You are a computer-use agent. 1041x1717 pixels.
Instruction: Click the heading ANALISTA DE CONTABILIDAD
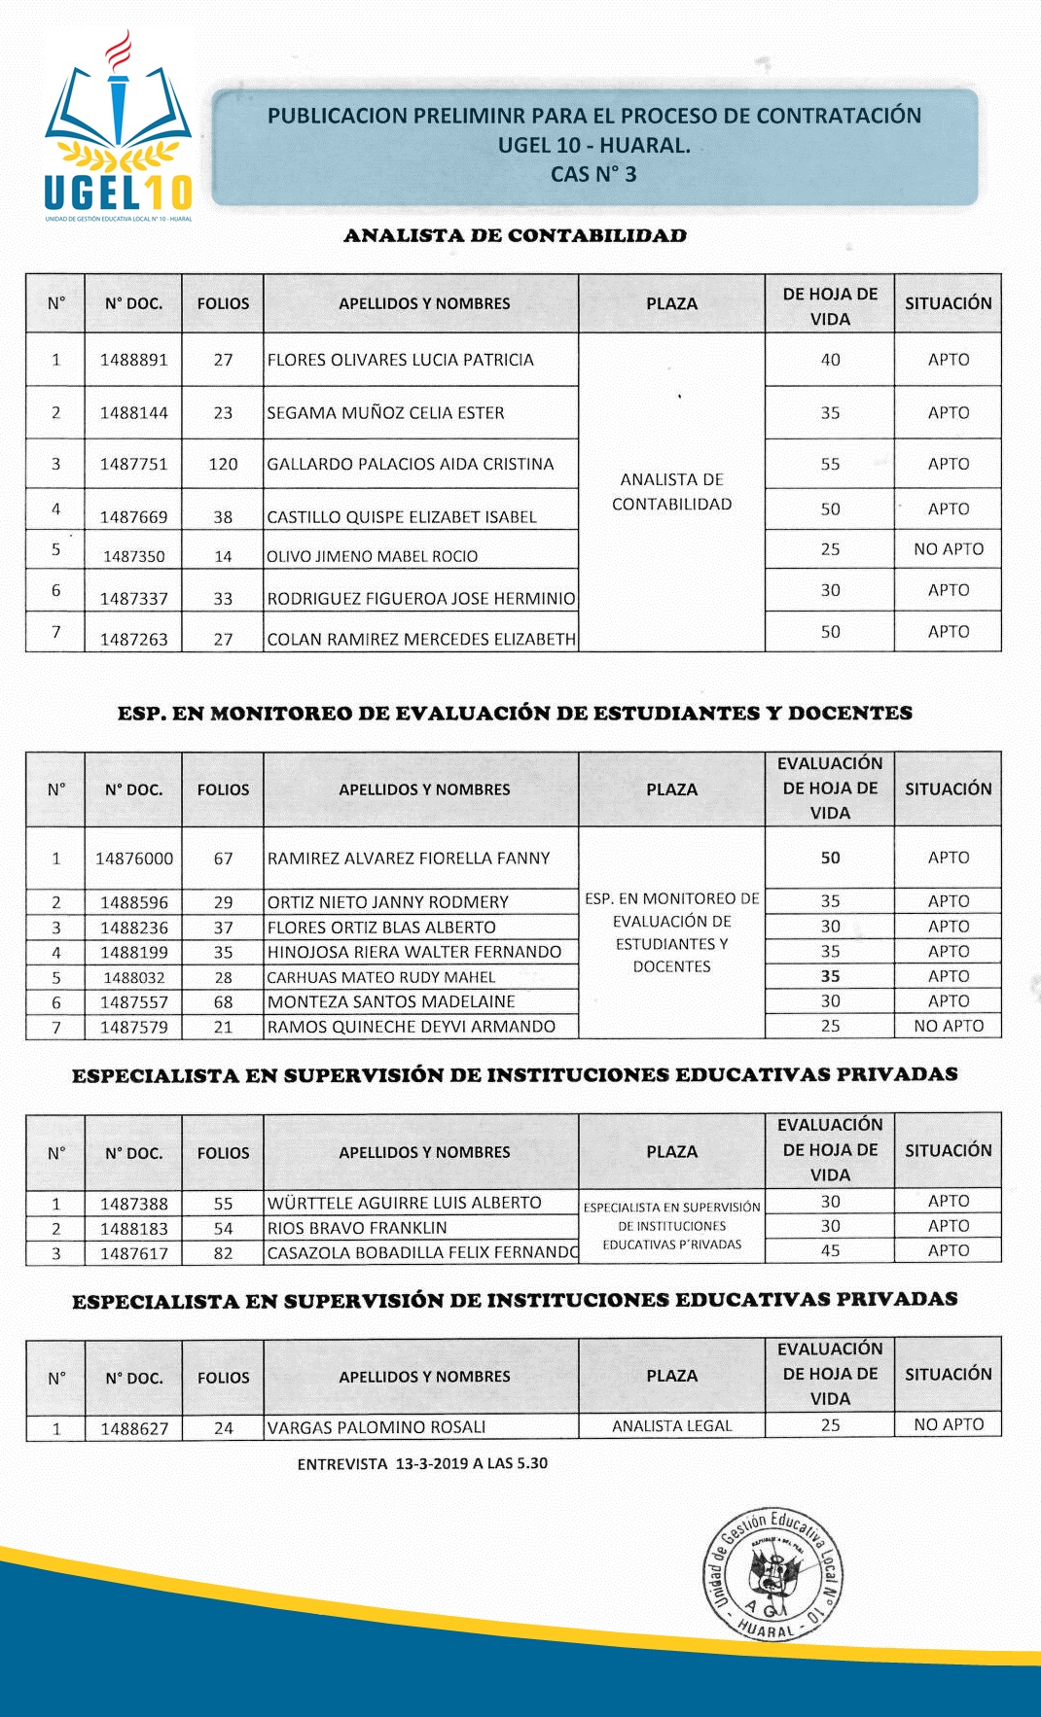(515, 235)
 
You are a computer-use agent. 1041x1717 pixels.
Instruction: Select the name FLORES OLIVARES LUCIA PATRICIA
(400, 360)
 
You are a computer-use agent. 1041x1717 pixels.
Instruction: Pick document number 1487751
(133, 465)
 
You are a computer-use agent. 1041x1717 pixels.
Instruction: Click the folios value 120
(223, 465)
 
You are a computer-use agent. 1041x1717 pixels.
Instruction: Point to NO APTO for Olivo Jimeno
(948, 549)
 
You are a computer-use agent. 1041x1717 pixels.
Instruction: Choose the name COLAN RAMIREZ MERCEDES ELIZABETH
(421, 639)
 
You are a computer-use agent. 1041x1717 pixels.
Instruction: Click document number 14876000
(133, 858)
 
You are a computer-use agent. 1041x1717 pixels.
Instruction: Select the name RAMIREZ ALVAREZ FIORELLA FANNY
(409, 858)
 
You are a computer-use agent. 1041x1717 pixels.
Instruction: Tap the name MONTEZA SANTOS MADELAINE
(391, 1001)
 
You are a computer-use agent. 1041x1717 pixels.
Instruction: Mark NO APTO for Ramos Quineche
(948, 1026)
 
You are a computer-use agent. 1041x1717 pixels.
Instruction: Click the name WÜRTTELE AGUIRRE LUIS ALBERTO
(404, 1203)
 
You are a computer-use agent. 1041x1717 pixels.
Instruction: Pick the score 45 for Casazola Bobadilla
(830, 1251)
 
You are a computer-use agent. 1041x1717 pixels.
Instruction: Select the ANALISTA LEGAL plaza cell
(671, 1426)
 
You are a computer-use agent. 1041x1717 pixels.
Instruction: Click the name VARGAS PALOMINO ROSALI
(376, 1427)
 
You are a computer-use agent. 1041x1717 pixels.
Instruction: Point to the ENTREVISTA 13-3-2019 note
(422, 1463)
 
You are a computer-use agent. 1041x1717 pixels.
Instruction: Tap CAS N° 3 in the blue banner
(593, 175)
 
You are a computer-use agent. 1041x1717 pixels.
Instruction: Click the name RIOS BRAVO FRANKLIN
(357, 1228)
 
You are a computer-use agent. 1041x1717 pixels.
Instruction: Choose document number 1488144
(133, 413)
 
